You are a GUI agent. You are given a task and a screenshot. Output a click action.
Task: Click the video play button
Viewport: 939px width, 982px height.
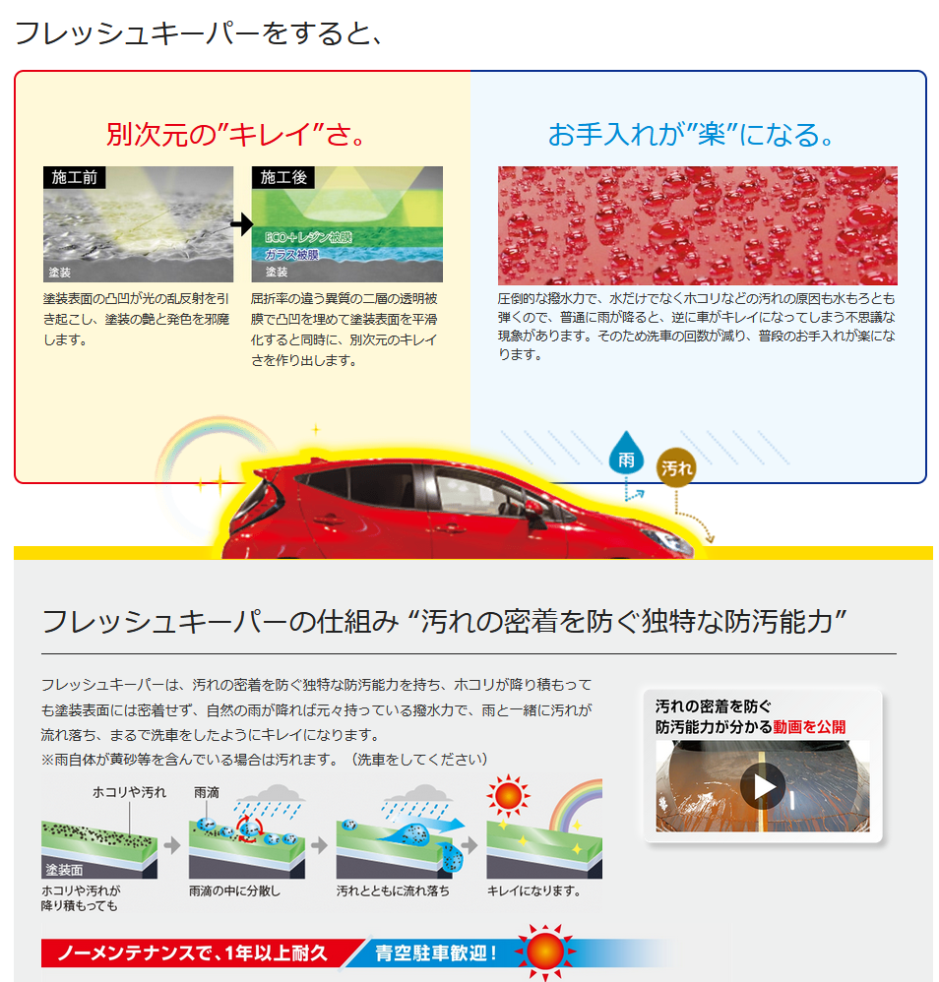763,786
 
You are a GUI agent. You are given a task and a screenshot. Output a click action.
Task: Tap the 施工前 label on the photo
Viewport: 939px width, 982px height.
74,178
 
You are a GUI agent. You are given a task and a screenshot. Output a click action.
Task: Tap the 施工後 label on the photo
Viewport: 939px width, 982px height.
283,178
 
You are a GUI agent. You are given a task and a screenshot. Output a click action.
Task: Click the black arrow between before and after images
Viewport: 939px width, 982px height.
242,225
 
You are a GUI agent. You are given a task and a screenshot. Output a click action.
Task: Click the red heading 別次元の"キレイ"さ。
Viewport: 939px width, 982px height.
237,135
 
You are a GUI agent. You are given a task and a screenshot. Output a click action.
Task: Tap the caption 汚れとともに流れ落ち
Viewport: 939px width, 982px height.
393,890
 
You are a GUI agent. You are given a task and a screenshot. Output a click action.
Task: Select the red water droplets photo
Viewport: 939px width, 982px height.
697,225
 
